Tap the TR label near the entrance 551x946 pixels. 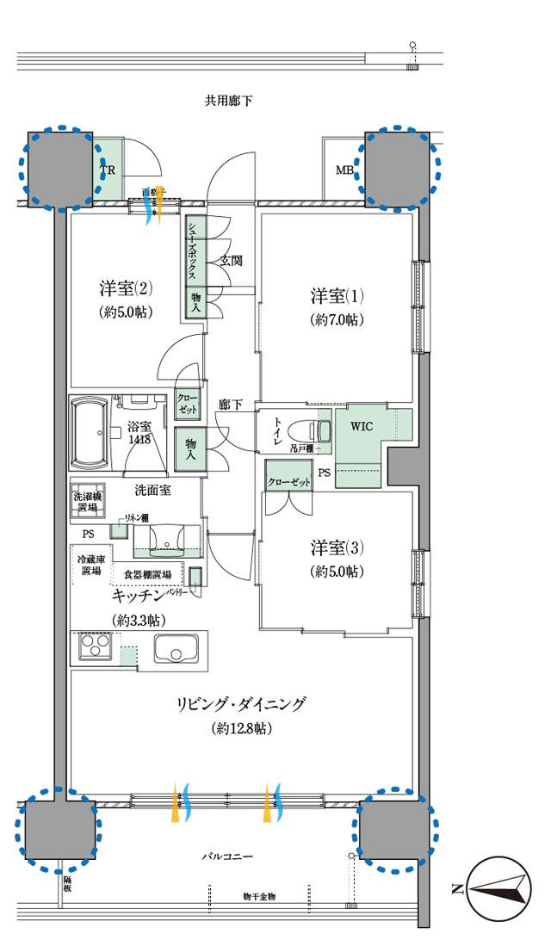click(108, 170)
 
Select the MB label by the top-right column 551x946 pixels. click(344, 170)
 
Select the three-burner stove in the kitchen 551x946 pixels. click(94, 646)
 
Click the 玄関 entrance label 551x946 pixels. click(230, 259)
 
